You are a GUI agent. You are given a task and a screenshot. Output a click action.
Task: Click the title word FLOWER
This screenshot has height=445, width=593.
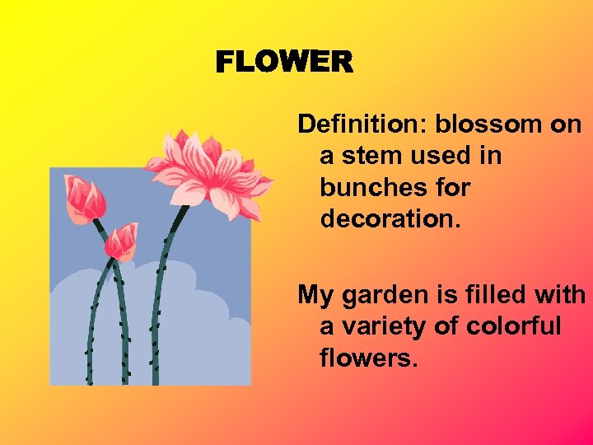(x=284, y=63)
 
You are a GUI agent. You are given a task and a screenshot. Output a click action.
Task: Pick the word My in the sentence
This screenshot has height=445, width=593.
(x=314, y=294)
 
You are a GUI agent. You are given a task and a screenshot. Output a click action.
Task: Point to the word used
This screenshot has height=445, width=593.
(x=441, y=156)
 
